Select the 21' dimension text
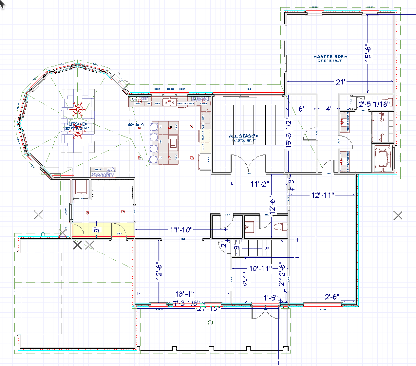coord(341,82)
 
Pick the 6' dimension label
coord(301,109)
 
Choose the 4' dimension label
coord(329,109)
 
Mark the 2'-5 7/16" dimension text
coord(374,104)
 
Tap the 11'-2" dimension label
coord(260,184)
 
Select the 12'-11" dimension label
coord(323,195)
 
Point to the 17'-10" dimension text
coord(180,230)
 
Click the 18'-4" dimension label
coord(185,294)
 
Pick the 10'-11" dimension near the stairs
coord(261,269)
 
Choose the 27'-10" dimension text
coord(208,308)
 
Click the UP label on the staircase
coord(267,248)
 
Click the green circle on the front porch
coord(210,323)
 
